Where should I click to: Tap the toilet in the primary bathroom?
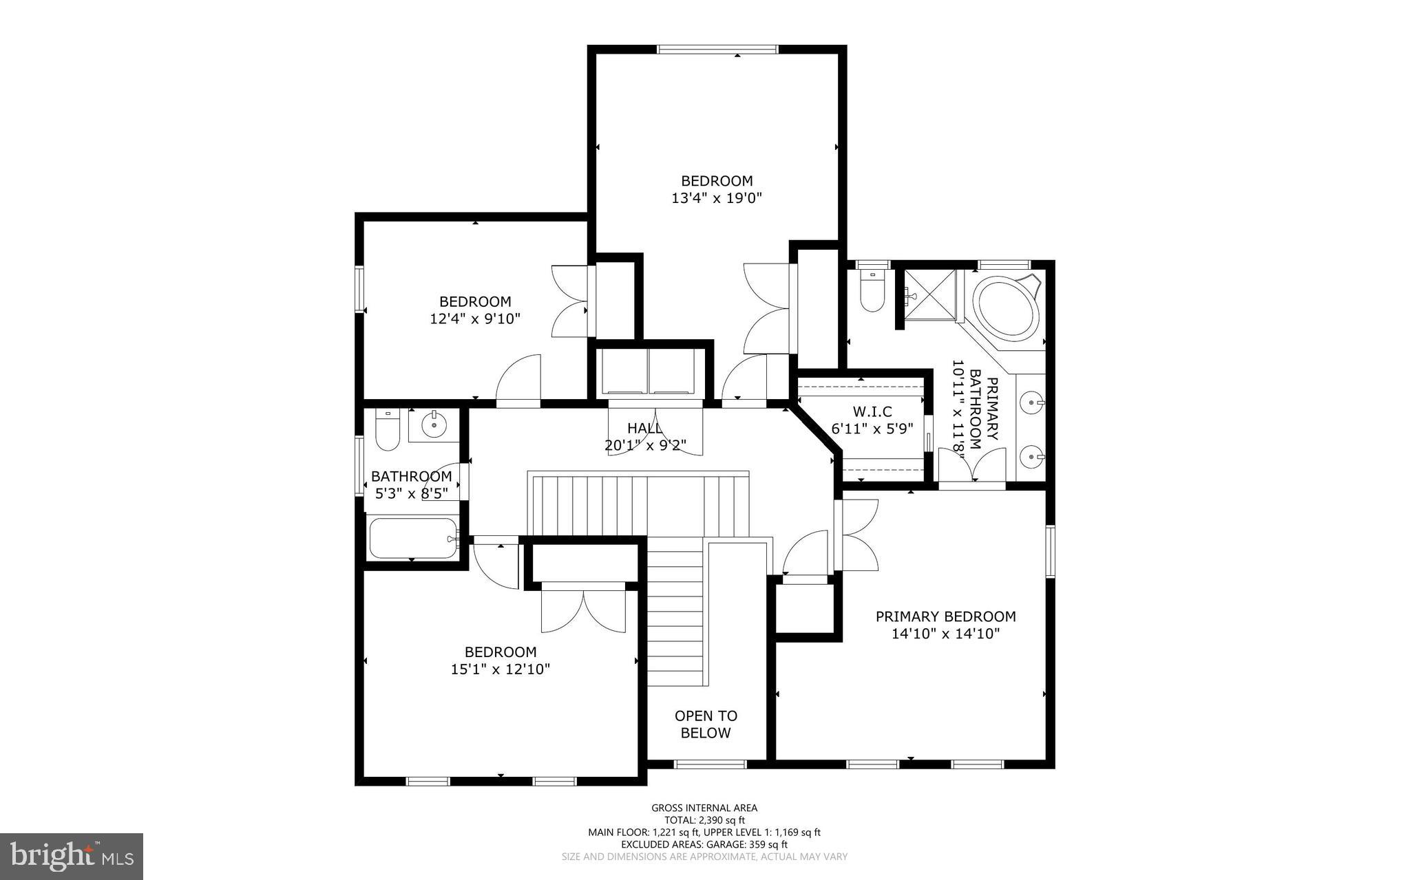tap(872, 294)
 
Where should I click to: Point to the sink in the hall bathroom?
tap(434, 425)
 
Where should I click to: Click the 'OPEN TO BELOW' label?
tap(706, 725)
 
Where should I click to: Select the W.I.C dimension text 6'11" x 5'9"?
tap(872, 428)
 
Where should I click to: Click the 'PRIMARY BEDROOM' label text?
tap(945, 616)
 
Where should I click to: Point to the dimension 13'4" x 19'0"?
tap(717, 198)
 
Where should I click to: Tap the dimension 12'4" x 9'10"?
tap(475, 319)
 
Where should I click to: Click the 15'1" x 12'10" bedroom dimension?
tap(501, 669)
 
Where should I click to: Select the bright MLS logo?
tap(72, 856)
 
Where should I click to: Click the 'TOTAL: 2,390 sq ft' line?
tap(704, 820)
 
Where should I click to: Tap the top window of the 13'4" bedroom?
tap(717, 49)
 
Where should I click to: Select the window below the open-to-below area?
tap(710, 764)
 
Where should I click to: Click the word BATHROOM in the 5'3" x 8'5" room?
tap(411, 476)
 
